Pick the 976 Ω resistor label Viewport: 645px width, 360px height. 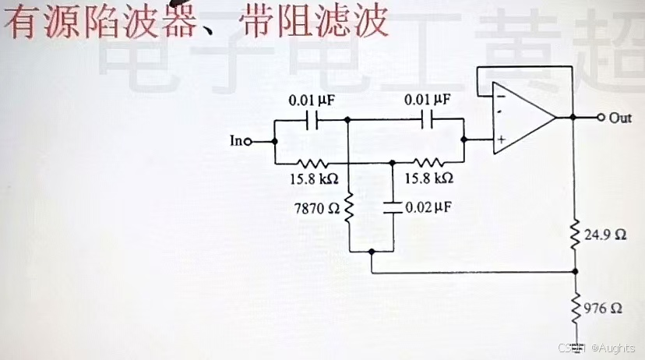click(x=603, y=307)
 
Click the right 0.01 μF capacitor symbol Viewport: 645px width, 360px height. click(x=428, y=120)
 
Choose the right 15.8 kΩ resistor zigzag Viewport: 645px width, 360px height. click(x=428, y=164)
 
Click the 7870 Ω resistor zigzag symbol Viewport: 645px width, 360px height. click(x=349, y=208)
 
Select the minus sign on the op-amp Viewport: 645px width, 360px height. click(x=499, y=97)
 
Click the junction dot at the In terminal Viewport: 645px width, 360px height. click(x=274, y=142)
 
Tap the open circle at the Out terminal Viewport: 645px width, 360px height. click(x=601, y=118)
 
